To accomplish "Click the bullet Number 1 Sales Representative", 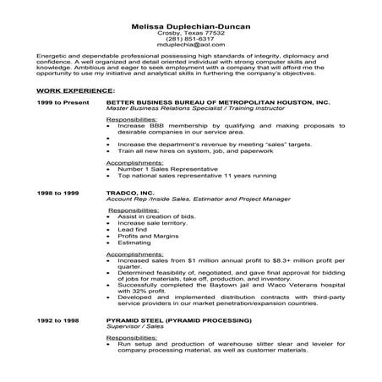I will click(157, 169).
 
